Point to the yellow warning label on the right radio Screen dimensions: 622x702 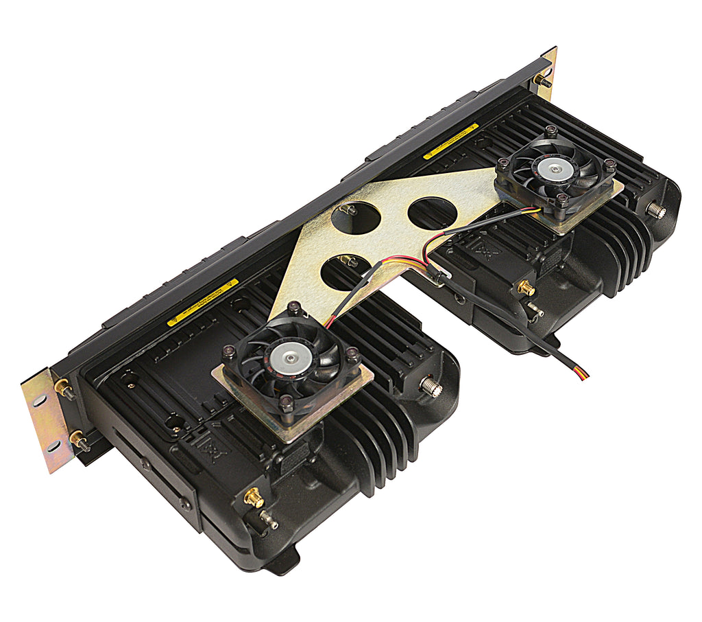point(450,141)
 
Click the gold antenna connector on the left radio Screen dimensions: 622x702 point(254,497)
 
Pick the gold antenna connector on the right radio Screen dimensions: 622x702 point(526,287)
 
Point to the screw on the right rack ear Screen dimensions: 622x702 point(542,80)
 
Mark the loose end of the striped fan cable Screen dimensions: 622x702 point(583,375)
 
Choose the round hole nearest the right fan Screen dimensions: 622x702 point(433,214)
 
